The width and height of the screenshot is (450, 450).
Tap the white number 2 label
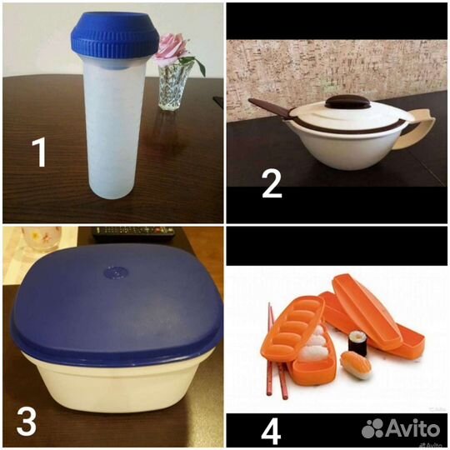pos(272,182)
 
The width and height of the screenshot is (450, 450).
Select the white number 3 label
pos(27,421)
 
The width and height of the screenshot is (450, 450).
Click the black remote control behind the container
pos(133,232)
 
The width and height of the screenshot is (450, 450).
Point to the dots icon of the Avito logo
pos(374,427)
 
